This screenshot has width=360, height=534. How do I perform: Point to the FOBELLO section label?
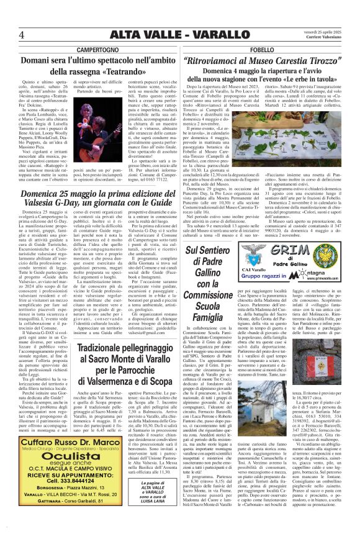pos(268,49)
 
